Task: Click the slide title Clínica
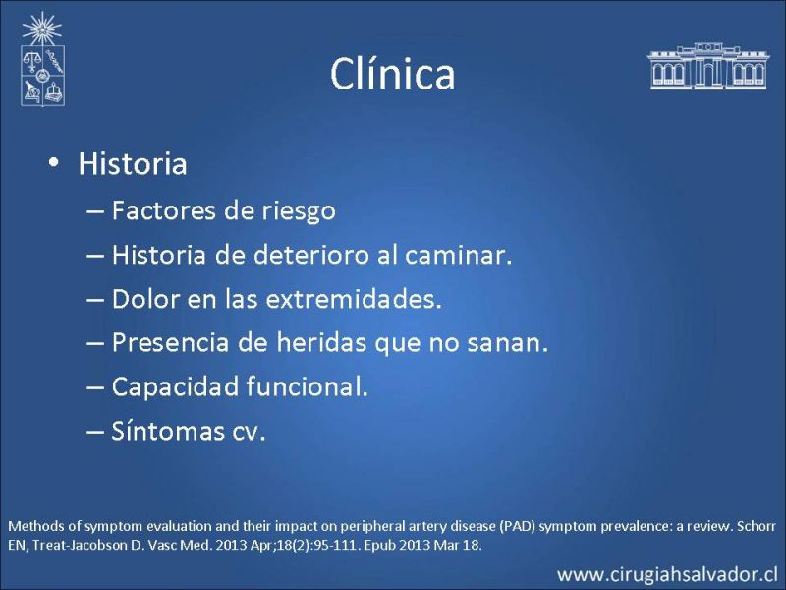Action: tap(392, 74)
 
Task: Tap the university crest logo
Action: tap(42, 59)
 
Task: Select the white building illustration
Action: tap(707, 66)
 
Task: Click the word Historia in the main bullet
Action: tap(133, 163)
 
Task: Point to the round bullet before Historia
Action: tap(54, 163)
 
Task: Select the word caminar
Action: tap(458, 255)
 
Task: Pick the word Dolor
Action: tap(145, 299)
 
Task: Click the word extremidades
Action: tap(354, 299)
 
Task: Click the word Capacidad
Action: tap(175, 386)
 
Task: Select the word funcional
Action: tap(307, 386)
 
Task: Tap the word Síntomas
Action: tap(168, 431)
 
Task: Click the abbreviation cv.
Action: tap(249, 433)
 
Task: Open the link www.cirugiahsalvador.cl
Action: tap(668, 574)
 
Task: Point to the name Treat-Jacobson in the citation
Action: tap(80, 545)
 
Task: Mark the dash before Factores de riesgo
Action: tap(94, 211)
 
